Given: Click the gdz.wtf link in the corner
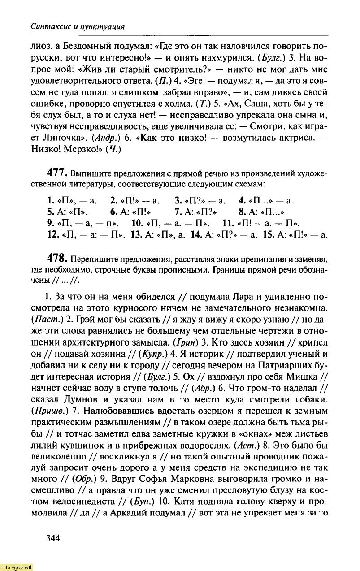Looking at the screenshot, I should click(x=17, y=567).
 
